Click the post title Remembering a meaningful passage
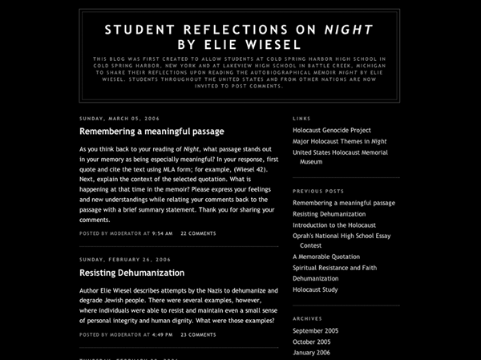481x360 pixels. (x=152, y=131)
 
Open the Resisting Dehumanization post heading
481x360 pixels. (x=131, y=273)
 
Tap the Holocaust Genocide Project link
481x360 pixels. (x=332, y=129)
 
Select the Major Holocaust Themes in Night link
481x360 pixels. (x=334, y=141)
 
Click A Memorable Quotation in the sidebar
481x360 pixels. (x=326, y=257)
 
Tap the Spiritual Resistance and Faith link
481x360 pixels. (x=334, y=268)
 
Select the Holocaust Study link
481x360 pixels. (x=315, y=289)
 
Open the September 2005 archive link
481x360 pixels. (x=315, y=330)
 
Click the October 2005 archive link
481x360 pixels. (x=311, y=342)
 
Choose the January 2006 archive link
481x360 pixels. (x=311, y=353)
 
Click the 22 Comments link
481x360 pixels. (x=198, y=233)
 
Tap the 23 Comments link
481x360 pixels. (x=198, y=334)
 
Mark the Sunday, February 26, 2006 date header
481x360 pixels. (x=125, y=260)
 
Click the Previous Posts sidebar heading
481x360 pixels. (x=318, y=192)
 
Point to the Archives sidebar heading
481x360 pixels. (x=307, y=318)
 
